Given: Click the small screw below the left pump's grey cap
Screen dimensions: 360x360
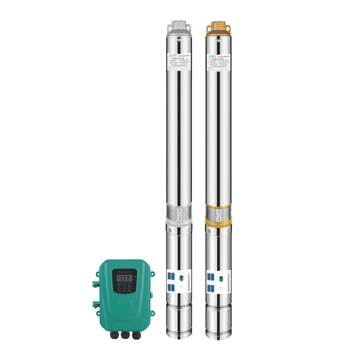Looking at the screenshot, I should (179, 40).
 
